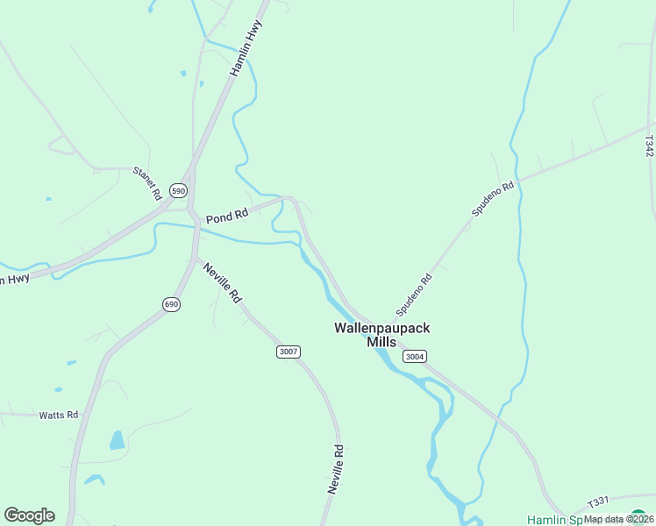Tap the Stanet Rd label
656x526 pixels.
pos(146,181)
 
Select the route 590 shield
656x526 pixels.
pos(179,190)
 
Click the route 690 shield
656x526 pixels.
pos(171,303)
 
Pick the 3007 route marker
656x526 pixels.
pos(288,352)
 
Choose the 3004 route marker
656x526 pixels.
pos(415,356)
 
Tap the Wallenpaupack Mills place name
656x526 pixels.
pos(381,334)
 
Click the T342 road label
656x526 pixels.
pos(649,146)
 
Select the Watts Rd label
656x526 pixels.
pos(59,415)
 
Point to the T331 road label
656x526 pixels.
pos(598,501)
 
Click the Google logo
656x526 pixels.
pos(29,515)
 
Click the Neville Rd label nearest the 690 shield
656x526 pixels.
pos(222,282)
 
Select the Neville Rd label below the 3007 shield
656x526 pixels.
pos(336,469)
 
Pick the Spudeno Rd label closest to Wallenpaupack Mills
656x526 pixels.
pos(414,295)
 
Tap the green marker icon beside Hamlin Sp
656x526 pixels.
pos(639,517)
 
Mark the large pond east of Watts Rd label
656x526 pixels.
pos(118,440)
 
